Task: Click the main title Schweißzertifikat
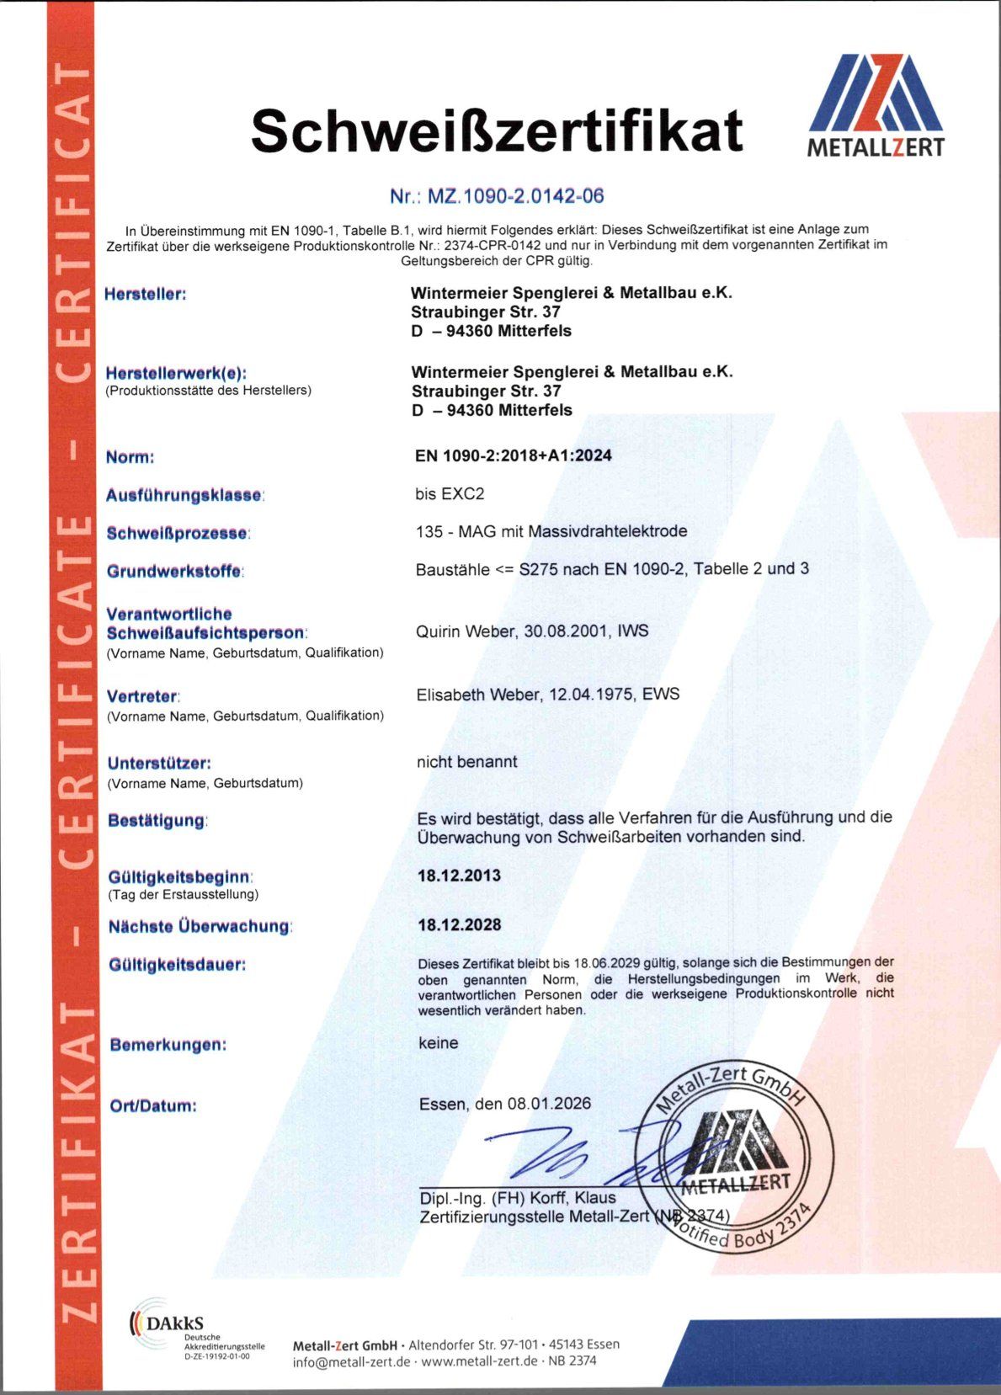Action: tap(497, 130)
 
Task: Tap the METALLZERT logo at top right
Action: tap(876, 106)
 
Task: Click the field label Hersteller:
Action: tap(145, 294)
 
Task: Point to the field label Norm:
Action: tap(130, 457)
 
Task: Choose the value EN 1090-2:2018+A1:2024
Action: tap(514, 455)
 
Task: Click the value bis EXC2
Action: tap(450, 493)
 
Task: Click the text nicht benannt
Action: tap(466, 762)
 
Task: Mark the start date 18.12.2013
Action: tap(460, 876)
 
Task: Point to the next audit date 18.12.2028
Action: tap(460, 924)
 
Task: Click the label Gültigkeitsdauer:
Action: tap(177, 965)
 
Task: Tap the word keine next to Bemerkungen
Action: tap(439, 1043)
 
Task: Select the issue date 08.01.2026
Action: tap(549, 1103)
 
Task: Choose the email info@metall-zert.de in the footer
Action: tap(351, 1361)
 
